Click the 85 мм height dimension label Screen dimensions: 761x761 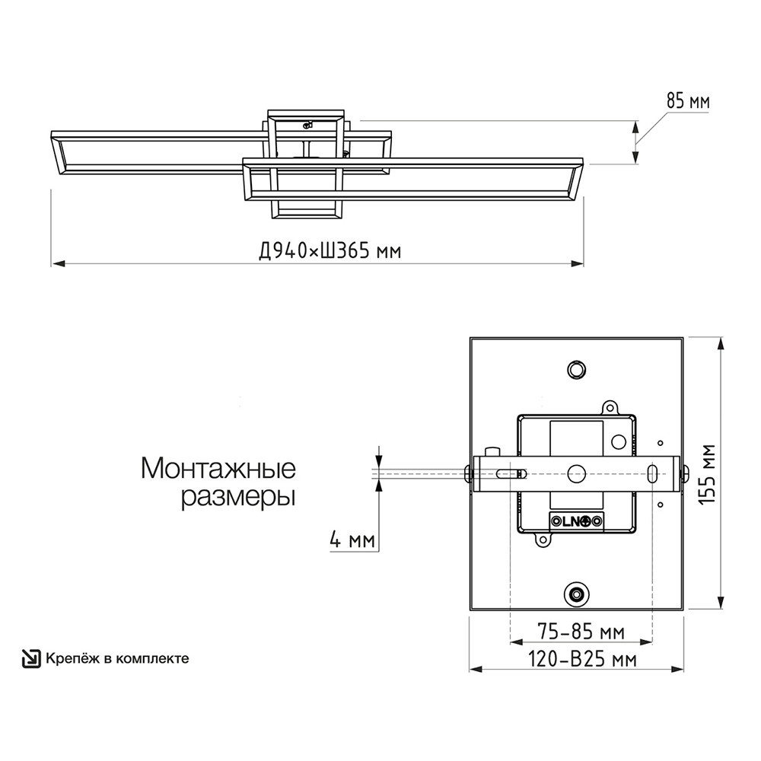coord(688,101)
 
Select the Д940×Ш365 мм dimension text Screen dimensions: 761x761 coord(330,251)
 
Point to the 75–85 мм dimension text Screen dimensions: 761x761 coord(581,632)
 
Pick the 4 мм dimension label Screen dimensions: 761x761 coord(352,540)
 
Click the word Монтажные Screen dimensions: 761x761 coord(218,469)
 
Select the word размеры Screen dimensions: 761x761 coord(238,498)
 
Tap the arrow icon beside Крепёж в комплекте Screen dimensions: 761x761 coord(31,658)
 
